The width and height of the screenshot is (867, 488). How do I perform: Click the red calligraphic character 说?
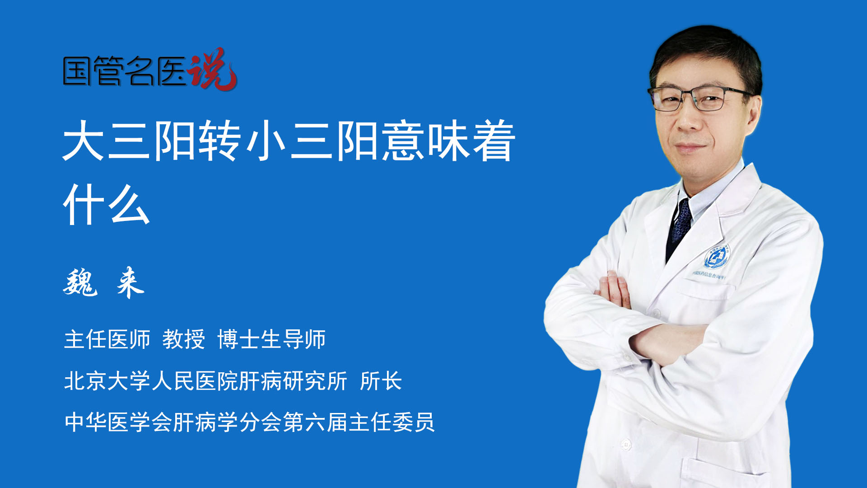(x=212, y=69)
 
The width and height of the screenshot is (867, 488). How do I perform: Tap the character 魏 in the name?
(x=80, y=282)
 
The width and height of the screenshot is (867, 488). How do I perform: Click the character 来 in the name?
(x=130, y=282)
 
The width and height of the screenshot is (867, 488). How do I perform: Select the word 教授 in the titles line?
(x=184, y=339)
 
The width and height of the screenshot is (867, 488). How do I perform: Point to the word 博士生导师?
(x=271, y=339)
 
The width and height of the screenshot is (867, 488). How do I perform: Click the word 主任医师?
(x=107, y=339)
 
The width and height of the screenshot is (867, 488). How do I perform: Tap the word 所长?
(x=381, y=380)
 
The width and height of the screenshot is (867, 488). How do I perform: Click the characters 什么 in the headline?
(x=107, y=204)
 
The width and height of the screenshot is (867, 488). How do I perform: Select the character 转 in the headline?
(x=220, y=141)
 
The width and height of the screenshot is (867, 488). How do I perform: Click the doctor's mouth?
(x=690, y=147)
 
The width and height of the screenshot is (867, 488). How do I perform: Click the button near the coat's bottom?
(x=626, y=445)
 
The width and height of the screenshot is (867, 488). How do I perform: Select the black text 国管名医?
(x=125, y=71)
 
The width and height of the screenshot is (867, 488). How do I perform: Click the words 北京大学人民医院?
(x=151, y=380)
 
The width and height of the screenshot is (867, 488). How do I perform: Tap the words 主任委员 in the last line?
(x=392, y=422)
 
